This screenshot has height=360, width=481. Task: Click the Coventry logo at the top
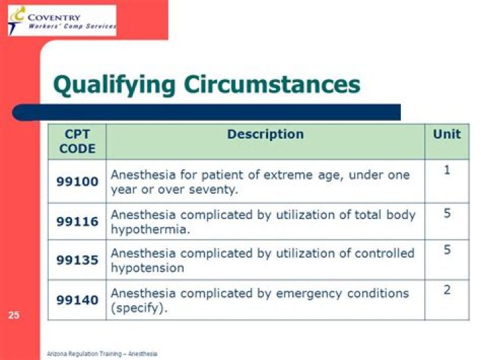[62, 20]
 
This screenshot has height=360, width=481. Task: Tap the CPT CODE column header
[77, 141]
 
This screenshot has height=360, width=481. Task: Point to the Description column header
[265, 134]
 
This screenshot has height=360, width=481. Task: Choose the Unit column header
[446, 134]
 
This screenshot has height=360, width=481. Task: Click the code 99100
[77, 181]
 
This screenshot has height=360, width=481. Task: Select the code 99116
[77, 222]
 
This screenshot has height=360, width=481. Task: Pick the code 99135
[77, 260]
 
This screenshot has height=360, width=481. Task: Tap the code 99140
[77, 300]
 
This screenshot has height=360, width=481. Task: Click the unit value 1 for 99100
[446, 170]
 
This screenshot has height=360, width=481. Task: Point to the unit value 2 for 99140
[446, 289]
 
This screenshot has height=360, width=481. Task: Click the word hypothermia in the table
[146, 229]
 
